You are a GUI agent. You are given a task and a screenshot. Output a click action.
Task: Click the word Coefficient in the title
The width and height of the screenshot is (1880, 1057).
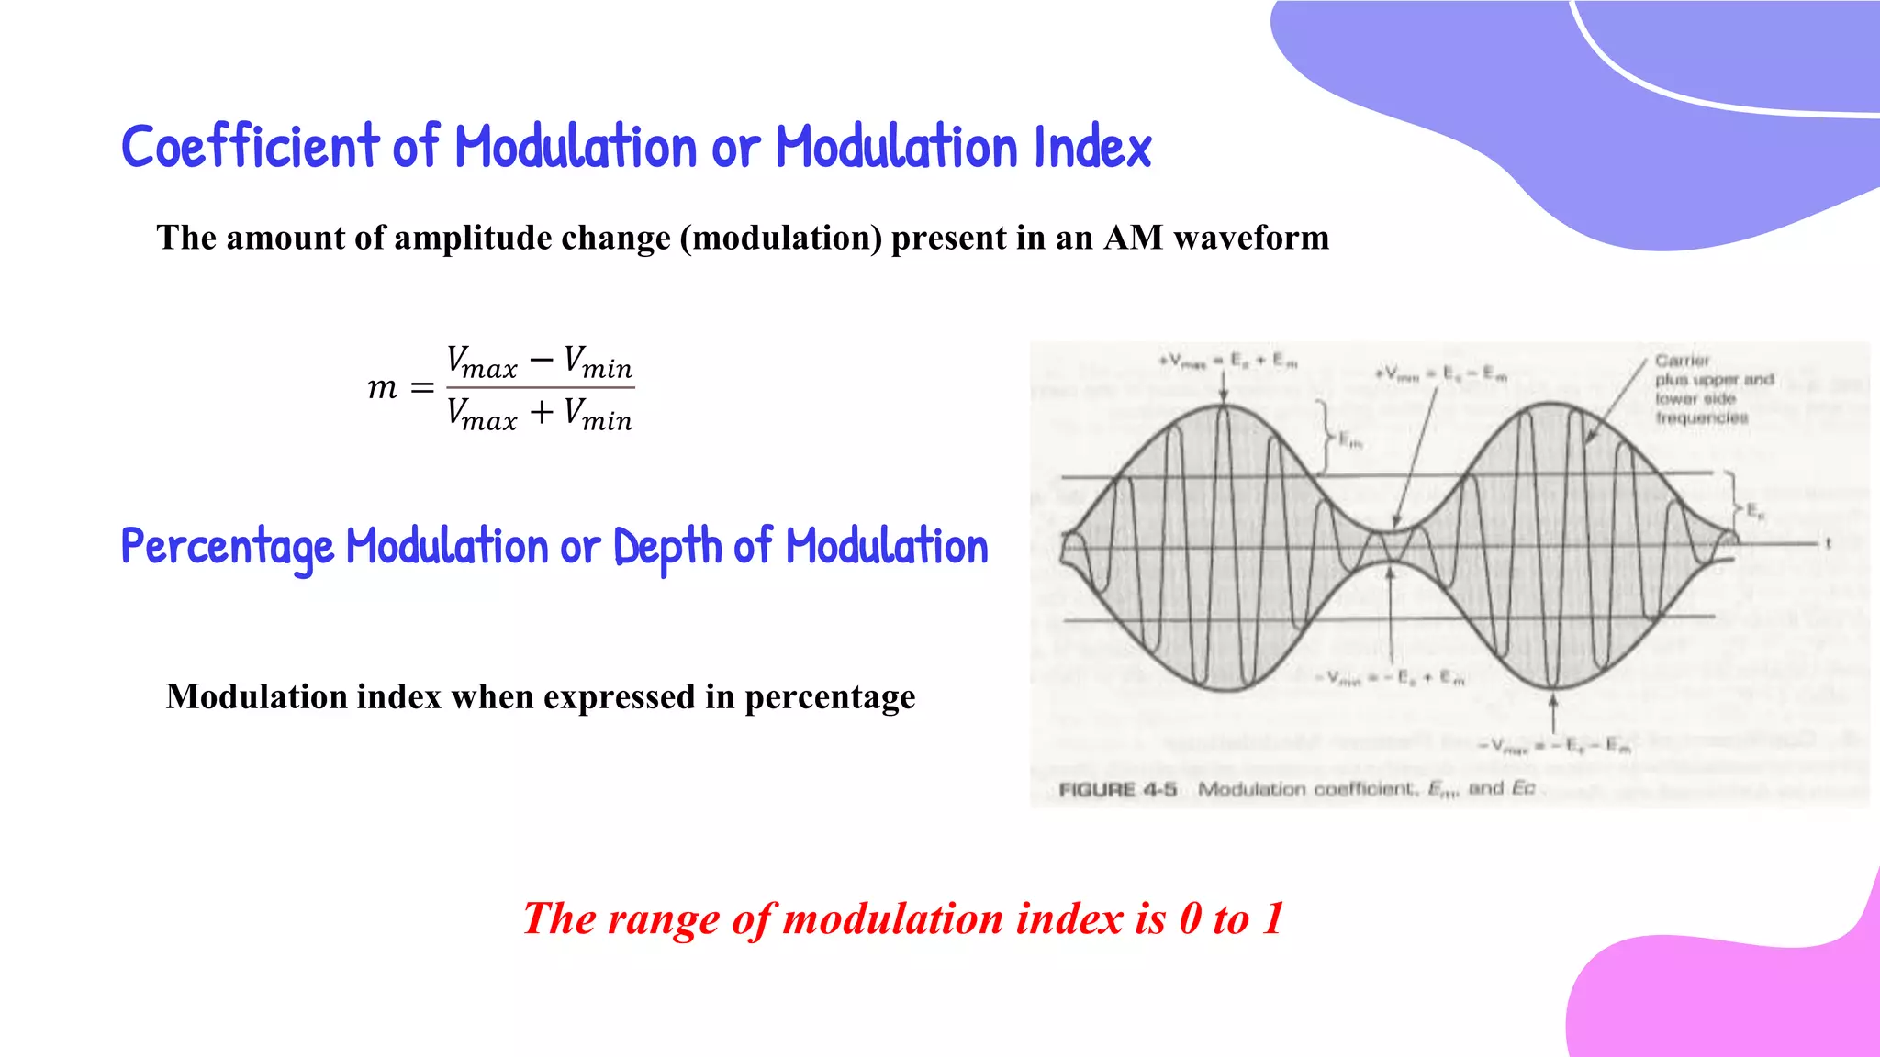[x=250, y=147]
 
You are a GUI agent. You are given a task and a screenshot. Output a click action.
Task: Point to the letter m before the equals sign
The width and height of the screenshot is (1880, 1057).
[x=383, y=388]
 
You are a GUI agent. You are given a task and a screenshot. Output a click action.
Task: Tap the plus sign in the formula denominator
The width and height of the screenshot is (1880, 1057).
[x=542, y=412]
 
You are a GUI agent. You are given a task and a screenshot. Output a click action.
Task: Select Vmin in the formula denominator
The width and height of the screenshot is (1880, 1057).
[x=598, y=414]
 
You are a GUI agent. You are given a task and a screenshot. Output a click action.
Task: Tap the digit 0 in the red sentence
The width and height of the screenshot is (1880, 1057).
[x=1190, y=918]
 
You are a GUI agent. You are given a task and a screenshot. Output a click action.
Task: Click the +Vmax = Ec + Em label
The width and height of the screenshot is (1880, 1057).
[x=1228, y=362]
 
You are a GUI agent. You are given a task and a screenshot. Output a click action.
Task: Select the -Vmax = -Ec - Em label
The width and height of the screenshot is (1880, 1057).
[x=1553, y=747]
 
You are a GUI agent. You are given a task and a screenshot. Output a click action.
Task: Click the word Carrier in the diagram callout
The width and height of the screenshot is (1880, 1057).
[x=1682, y=361]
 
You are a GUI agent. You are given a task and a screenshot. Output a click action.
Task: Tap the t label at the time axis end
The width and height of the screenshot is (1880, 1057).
[x=1828, y=543]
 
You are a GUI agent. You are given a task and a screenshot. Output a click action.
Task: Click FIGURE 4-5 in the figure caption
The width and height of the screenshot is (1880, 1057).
[x=1117, y=790]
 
